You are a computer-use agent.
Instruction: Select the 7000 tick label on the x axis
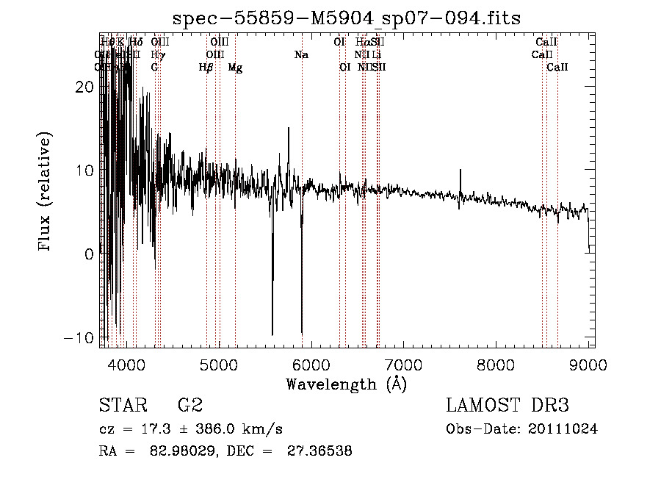click(403, 365)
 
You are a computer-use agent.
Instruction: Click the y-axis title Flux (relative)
click(46, 193)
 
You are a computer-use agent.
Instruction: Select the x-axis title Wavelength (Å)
click(347, 384)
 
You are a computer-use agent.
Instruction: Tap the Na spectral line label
click(301, 55)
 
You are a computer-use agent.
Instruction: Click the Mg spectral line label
click(235, 68)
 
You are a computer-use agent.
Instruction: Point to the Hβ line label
click(206, 68)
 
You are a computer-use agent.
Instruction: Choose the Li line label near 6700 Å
click(376, 55)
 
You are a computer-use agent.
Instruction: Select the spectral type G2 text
click(189, 405)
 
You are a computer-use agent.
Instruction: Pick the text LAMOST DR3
click(508, 405)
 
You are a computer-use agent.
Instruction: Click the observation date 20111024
click(565, 429)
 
